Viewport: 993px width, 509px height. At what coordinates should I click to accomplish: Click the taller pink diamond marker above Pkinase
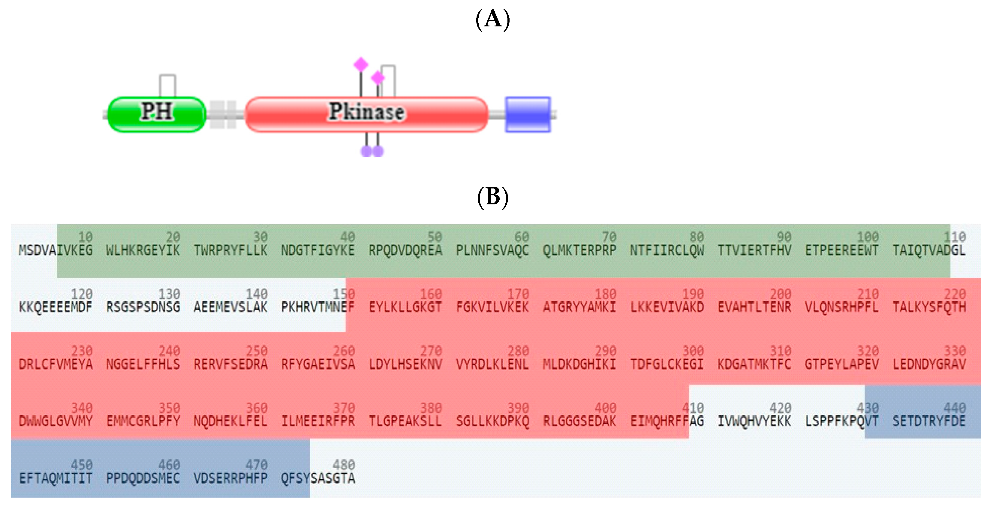coord(361,65)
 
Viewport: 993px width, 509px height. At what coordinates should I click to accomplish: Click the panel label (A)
coord(493,19)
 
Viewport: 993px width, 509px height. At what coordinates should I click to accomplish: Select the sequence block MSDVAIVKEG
coord(56,250)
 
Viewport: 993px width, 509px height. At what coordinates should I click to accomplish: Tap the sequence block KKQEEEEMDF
coord(56,307)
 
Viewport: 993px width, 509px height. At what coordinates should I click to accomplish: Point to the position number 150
coord(344,294)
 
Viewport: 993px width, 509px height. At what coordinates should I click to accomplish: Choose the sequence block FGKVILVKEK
coord(492,307)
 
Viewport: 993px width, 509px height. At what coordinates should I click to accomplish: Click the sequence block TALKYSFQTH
coord(929,307)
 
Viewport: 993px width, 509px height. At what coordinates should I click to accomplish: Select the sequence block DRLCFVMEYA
coord(56,364)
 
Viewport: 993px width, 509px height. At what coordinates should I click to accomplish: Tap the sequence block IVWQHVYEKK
coord(754,421)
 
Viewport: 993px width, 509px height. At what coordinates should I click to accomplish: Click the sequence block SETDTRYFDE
coord(929,421)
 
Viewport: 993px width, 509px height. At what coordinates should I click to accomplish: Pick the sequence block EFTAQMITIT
coord(56,478)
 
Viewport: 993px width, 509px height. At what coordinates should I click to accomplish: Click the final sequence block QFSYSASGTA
coord(317,478)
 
